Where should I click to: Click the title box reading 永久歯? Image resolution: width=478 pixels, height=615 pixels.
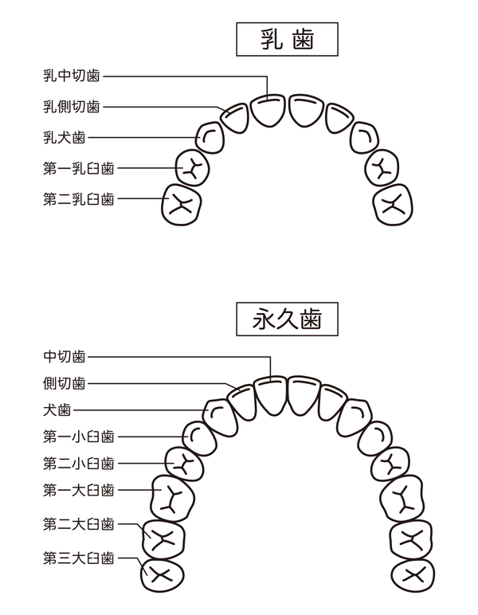288,319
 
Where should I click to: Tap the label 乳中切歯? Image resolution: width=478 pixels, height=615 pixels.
72,76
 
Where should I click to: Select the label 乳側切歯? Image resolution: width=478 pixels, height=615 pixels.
72,107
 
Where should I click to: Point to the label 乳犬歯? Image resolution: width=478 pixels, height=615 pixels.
65,137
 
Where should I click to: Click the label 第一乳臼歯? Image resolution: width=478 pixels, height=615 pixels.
78,168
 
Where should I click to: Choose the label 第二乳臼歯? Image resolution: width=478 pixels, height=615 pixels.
78,198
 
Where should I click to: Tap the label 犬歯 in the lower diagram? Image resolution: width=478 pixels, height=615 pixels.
57,411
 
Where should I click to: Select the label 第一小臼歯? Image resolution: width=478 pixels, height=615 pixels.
78,437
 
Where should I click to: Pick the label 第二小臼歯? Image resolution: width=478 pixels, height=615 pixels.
78,463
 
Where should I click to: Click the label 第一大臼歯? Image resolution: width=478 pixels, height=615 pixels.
78,489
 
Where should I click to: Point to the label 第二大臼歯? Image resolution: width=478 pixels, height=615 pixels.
78,523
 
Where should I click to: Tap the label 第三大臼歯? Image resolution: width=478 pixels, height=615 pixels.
78,557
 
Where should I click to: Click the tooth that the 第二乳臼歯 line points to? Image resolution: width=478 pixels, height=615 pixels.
182,204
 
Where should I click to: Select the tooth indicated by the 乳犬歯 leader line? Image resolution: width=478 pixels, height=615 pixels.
210,137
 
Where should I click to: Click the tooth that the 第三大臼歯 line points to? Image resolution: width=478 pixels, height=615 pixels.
161,574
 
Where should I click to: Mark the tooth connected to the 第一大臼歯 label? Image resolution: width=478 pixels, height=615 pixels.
169,498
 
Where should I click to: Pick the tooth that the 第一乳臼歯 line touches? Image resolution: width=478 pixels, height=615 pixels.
192,166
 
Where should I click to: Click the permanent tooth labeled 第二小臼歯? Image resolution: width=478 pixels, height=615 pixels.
182,463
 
